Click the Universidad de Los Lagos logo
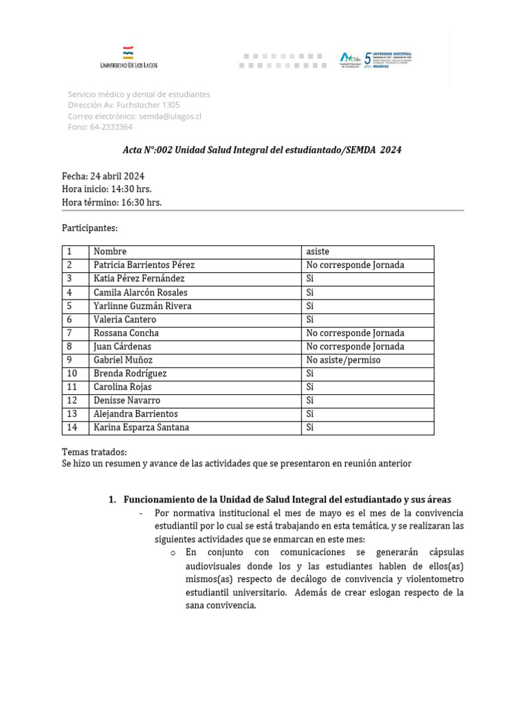tap(128, 58)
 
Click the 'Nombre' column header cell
tap(110, 252)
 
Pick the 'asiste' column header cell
tap(318, 252)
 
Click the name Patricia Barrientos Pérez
tap(144, 265)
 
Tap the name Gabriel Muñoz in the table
tap(123, 360)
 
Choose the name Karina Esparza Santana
tap(141, 428)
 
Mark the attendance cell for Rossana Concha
tap(355, 333)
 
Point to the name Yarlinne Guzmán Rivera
tap(142, 306)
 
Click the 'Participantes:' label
tap(90, 228)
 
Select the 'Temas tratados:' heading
tap(95, 452)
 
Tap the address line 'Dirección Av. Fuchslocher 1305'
tap(124, 106)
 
